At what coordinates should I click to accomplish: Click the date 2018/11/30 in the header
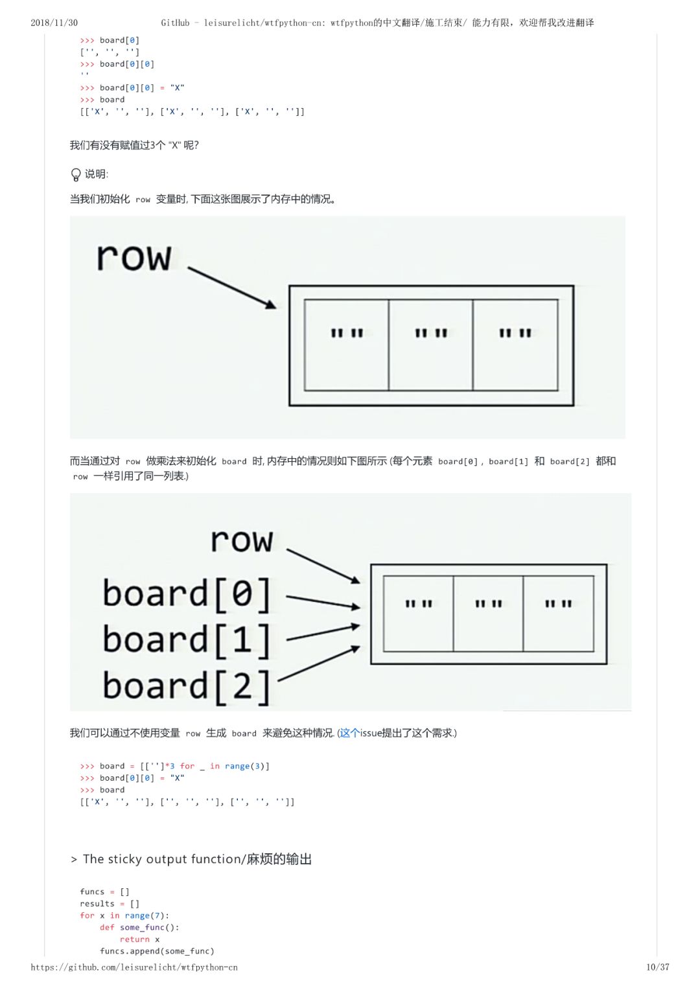coord(54,23)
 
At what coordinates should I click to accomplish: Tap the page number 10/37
coord(657,967)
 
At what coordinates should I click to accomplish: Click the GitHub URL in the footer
coord(134,967)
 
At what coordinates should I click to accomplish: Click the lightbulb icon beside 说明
coord(76,174)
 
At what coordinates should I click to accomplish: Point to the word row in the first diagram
coord(134,257)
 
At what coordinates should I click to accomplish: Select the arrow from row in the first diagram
coord(232,286)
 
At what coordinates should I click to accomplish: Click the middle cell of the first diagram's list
coord(431,345)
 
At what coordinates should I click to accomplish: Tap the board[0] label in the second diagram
coord(187,593)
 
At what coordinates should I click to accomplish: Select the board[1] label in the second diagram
coord(187,640)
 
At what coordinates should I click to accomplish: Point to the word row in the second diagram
coord(242,540)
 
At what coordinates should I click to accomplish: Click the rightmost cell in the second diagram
coord(558,613)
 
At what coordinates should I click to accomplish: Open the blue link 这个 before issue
coord(349,733)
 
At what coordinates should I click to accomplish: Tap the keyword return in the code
coord(135,939)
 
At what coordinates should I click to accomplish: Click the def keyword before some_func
coord(107,927)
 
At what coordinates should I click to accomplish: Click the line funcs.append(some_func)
coord(157,951)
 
